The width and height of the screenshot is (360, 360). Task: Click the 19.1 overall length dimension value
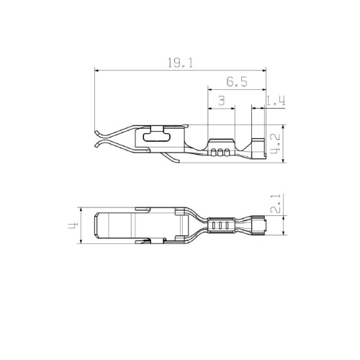(x=180, y=63)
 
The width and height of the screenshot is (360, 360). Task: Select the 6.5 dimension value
(x=237, y=82)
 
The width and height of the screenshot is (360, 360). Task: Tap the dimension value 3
(x=222, y=101)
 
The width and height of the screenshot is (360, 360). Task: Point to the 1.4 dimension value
(x=276, y=101)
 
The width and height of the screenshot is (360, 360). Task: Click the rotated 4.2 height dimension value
(x=275, y=144)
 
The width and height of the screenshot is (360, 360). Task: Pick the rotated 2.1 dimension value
(x=275, y=204)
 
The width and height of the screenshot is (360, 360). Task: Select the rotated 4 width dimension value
(x=73, y=225)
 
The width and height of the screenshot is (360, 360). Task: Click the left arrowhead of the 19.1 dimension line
(x=97, y=71)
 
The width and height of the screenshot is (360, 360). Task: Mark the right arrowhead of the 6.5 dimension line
(x=264, y=89)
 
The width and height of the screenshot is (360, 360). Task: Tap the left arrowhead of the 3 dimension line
(x=210, y=109)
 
